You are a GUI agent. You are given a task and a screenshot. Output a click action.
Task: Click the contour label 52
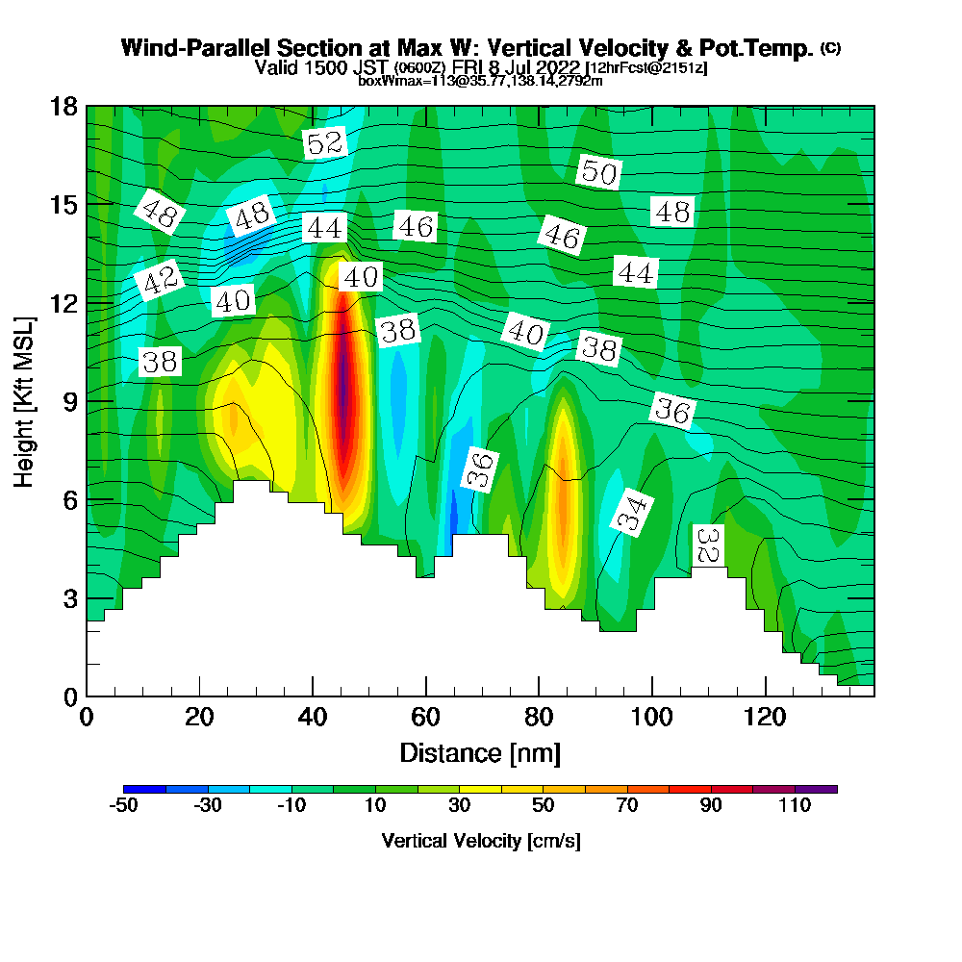324,144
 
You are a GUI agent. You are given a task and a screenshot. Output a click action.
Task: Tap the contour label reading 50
598,172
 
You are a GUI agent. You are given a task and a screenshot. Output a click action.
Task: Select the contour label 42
159,281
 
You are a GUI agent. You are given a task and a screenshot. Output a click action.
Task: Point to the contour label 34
630,515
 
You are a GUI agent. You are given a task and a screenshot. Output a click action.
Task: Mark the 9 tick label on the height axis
72,400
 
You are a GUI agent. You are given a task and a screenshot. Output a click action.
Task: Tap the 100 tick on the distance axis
652,718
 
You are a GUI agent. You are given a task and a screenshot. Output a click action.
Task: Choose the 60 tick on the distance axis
425,718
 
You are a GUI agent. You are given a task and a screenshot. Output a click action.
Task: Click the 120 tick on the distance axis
766,718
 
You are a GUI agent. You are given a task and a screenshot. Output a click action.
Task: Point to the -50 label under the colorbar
123,806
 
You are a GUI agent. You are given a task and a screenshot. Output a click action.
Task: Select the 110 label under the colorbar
795,806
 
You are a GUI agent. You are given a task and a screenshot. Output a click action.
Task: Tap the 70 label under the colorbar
627,806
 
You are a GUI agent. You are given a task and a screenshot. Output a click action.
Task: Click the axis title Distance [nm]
480,751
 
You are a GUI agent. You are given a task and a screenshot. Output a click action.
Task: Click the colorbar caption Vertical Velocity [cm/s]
480,841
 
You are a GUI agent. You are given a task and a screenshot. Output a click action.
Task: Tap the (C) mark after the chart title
830,48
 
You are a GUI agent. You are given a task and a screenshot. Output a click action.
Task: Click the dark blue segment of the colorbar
144,789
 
